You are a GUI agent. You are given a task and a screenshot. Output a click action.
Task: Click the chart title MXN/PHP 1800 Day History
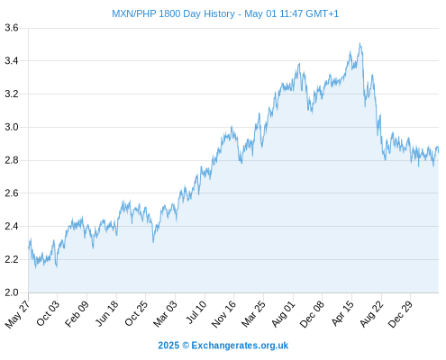point(173,13)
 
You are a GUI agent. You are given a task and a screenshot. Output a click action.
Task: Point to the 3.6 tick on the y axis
point(12,28)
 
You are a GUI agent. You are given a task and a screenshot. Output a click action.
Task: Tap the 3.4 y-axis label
point(12,61)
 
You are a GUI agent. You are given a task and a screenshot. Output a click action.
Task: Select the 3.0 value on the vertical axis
point(12,127)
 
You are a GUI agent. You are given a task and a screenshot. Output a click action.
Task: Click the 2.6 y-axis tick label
point(12,193)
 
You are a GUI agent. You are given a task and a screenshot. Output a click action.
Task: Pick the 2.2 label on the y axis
point(12,259)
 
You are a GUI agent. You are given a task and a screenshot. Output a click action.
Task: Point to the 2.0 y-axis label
point(12,292)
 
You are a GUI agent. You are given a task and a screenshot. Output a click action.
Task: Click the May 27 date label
point(17,314)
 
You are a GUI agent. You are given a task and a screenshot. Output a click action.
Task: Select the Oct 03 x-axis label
point(48,313)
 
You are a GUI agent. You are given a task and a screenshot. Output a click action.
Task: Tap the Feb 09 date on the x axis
point(77,313)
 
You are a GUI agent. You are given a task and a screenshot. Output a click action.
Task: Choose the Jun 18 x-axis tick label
point(106,313)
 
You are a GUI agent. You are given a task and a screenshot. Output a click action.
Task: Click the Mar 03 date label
point(165,314)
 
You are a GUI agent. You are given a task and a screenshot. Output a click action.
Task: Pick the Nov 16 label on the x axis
point(223,314)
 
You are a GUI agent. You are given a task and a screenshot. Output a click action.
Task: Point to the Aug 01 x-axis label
point(283,314)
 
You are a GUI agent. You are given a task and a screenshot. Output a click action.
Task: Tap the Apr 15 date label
point(342,313)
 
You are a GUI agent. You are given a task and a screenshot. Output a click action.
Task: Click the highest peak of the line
point(360,43)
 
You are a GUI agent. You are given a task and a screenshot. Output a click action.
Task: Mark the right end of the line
point(438,152)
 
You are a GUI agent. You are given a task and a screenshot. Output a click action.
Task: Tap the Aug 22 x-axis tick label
point(372,314)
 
